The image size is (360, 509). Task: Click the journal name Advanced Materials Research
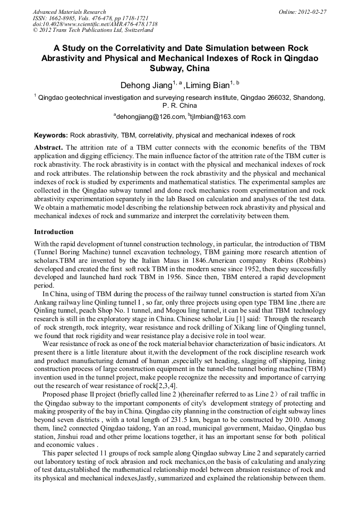(x=69, y=12)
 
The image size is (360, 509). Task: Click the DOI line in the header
(x=95, y=24)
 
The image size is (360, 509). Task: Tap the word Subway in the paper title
(x=164, y=68)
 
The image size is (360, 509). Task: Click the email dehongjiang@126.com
(x=150, y=117)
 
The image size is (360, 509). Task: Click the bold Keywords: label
(x=51, y=136)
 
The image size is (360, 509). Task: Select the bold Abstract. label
(x=49, y=146)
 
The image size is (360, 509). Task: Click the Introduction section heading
(x=54, y=232)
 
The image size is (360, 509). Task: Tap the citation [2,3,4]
(x=165, y=385)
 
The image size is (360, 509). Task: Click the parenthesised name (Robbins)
(x=308, y=260)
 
